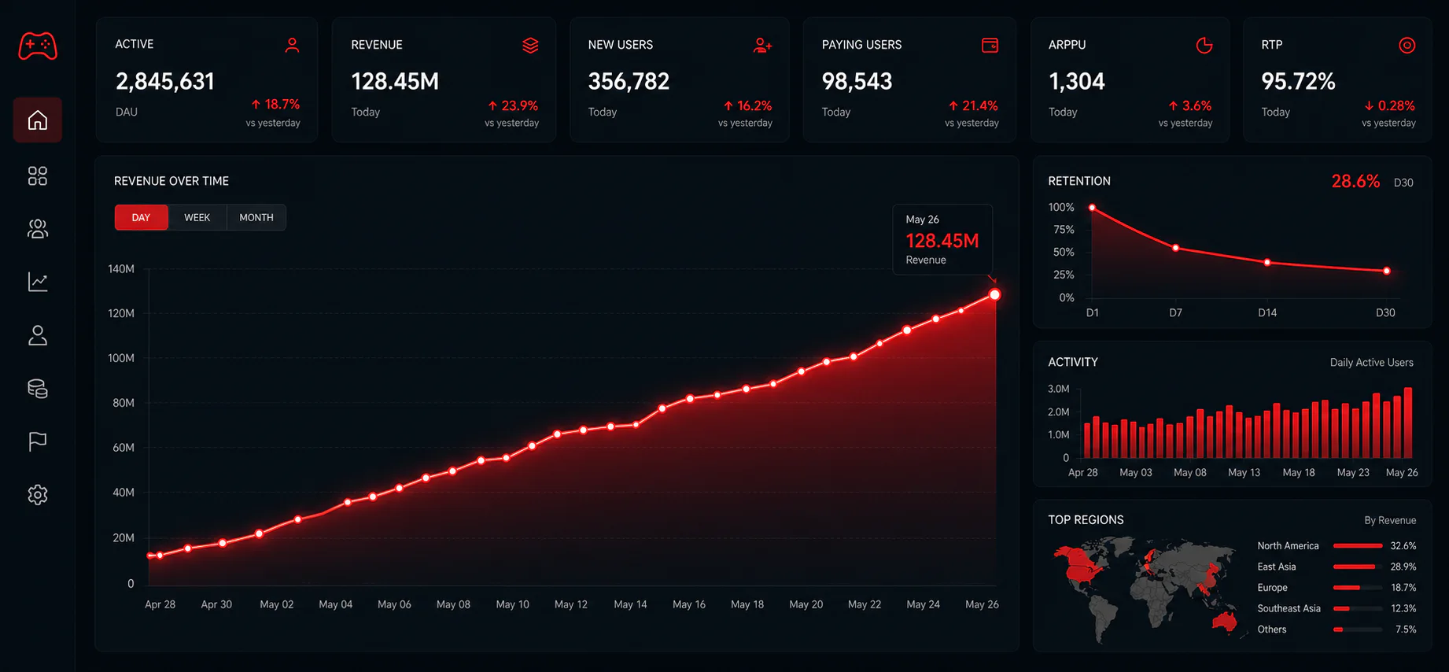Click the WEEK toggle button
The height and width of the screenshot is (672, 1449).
[x=197, y=217]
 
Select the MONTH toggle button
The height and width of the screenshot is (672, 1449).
[x=256, y=217]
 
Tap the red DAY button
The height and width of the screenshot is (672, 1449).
[x=142, y=217]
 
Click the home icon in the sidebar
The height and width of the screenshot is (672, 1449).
[x=38, y=120]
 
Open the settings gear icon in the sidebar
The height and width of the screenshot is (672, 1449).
[x=38, y=495]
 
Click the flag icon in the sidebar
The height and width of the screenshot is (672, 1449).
[x=38, y=441]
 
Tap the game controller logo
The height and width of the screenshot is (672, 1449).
[x=38, y=46]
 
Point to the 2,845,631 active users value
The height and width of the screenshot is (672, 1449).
[x=165, y=81]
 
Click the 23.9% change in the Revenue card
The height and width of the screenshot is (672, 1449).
[x=513, y=105]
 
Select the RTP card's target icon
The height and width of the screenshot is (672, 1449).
[x=1407, y=46]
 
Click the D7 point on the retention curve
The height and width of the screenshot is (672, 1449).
[x=1176, y=248]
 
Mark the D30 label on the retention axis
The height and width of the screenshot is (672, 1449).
[x=1385, y=312]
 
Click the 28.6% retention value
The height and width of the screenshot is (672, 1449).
[x=1355, y=182]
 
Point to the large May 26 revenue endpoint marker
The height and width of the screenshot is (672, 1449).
[x=995, y=294]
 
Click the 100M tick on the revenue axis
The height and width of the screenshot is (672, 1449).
[x=121, y=358]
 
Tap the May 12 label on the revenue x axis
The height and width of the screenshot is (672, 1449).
[x=571, y=604]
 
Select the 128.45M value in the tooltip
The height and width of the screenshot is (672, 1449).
[x=942, y=241]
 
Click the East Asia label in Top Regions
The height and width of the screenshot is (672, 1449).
[x=1277, y=567]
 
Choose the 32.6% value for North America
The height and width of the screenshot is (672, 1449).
[x=1403, y=545]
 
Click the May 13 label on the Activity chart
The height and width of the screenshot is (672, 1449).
[x=1244, y=472]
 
